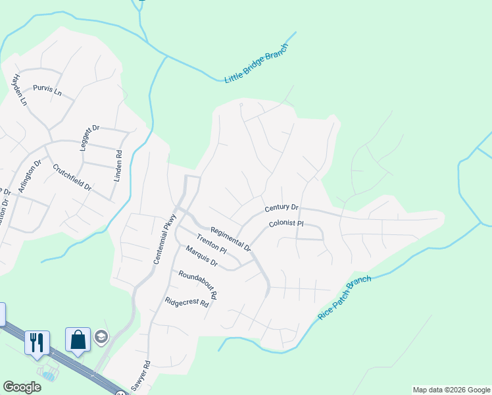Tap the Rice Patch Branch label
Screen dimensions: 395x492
(x=345, y=298)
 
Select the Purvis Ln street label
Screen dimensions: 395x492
(x=47, y=90)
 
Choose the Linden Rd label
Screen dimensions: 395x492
(x=119, y=168)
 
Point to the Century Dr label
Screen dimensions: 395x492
(x=282, y=208)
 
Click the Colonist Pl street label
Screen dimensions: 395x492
(x=285, y=224)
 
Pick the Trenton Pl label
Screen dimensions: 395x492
(x=211, y=246)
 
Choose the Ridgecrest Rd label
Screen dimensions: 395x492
(x=187, y=303)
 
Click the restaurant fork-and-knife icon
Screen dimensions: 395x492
(x=37, y=342)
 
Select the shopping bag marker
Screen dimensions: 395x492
(x=78, y=340)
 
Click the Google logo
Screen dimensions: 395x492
(x=22, y=387)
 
